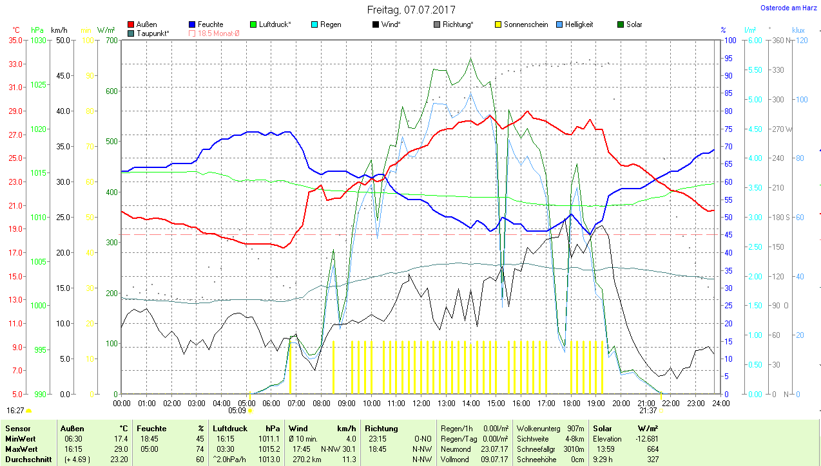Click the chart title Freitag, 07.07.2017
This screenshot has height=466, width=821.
[x=410, y=10]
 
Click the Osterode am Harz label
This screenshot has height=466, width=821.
[x=789, y=8]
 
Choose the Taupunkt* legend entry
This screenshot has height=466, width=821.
[x=153, y=33]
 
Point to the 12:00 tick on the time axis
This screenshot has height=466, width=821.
[x=421, y=404]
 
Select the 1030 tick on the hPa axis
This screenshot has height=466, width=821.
[x=39, y=40]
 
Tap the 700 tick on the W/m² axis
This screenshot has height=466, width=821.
[x=111, y=40]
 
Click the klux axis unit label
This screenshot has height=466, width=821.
[x=798, y=30]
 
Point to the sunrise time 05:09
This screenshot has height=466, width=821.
[x=237, y=410]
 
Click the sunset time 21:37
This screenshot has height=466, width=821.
[x=648, y=410]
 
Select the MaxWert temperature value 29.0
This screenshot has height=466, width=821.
[x=121, y=449]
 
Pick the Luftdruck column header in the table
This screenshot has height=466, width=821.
[x=230, y=428]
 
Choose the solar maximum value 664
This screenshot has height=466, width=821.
[x=652, y=449]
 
